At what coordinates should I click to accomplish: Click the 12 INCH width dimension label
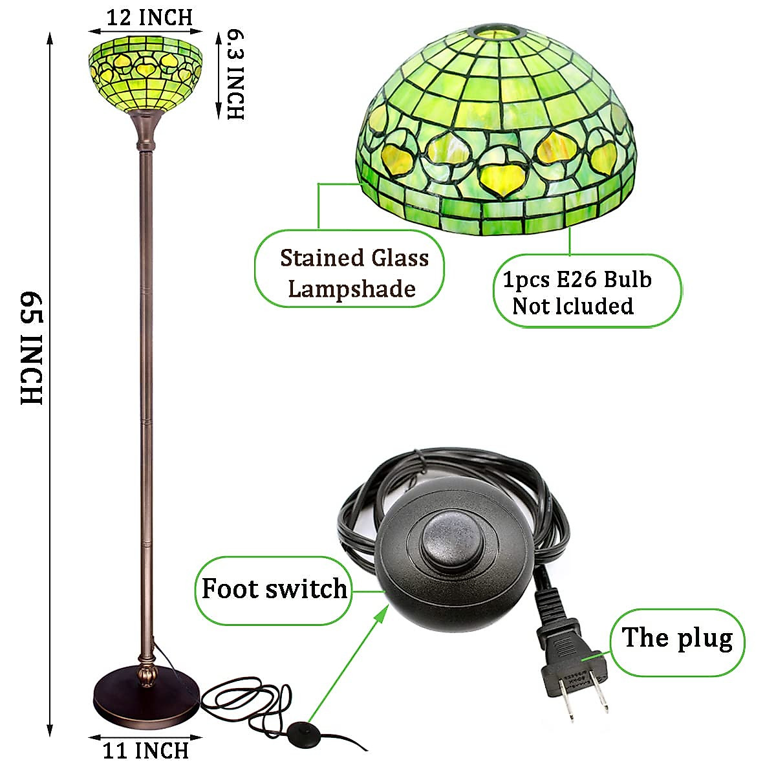pos(149,17)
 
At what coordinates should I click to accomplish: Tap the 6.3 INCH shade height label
pos(235,74)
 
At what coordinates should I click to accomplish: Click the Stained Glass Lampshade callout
pos(349,268)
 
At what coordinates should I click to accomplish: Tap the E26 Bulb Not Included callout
pos(588,291)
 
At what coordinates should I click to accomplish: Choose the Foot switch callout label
pos(274,590)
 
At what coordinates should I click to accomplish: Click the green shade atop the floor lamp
pos(145,74)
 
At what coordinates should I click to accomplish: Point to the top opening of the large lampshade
pos(499,32)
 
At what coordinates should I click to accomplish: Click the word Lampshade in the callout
pos(352,289)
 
